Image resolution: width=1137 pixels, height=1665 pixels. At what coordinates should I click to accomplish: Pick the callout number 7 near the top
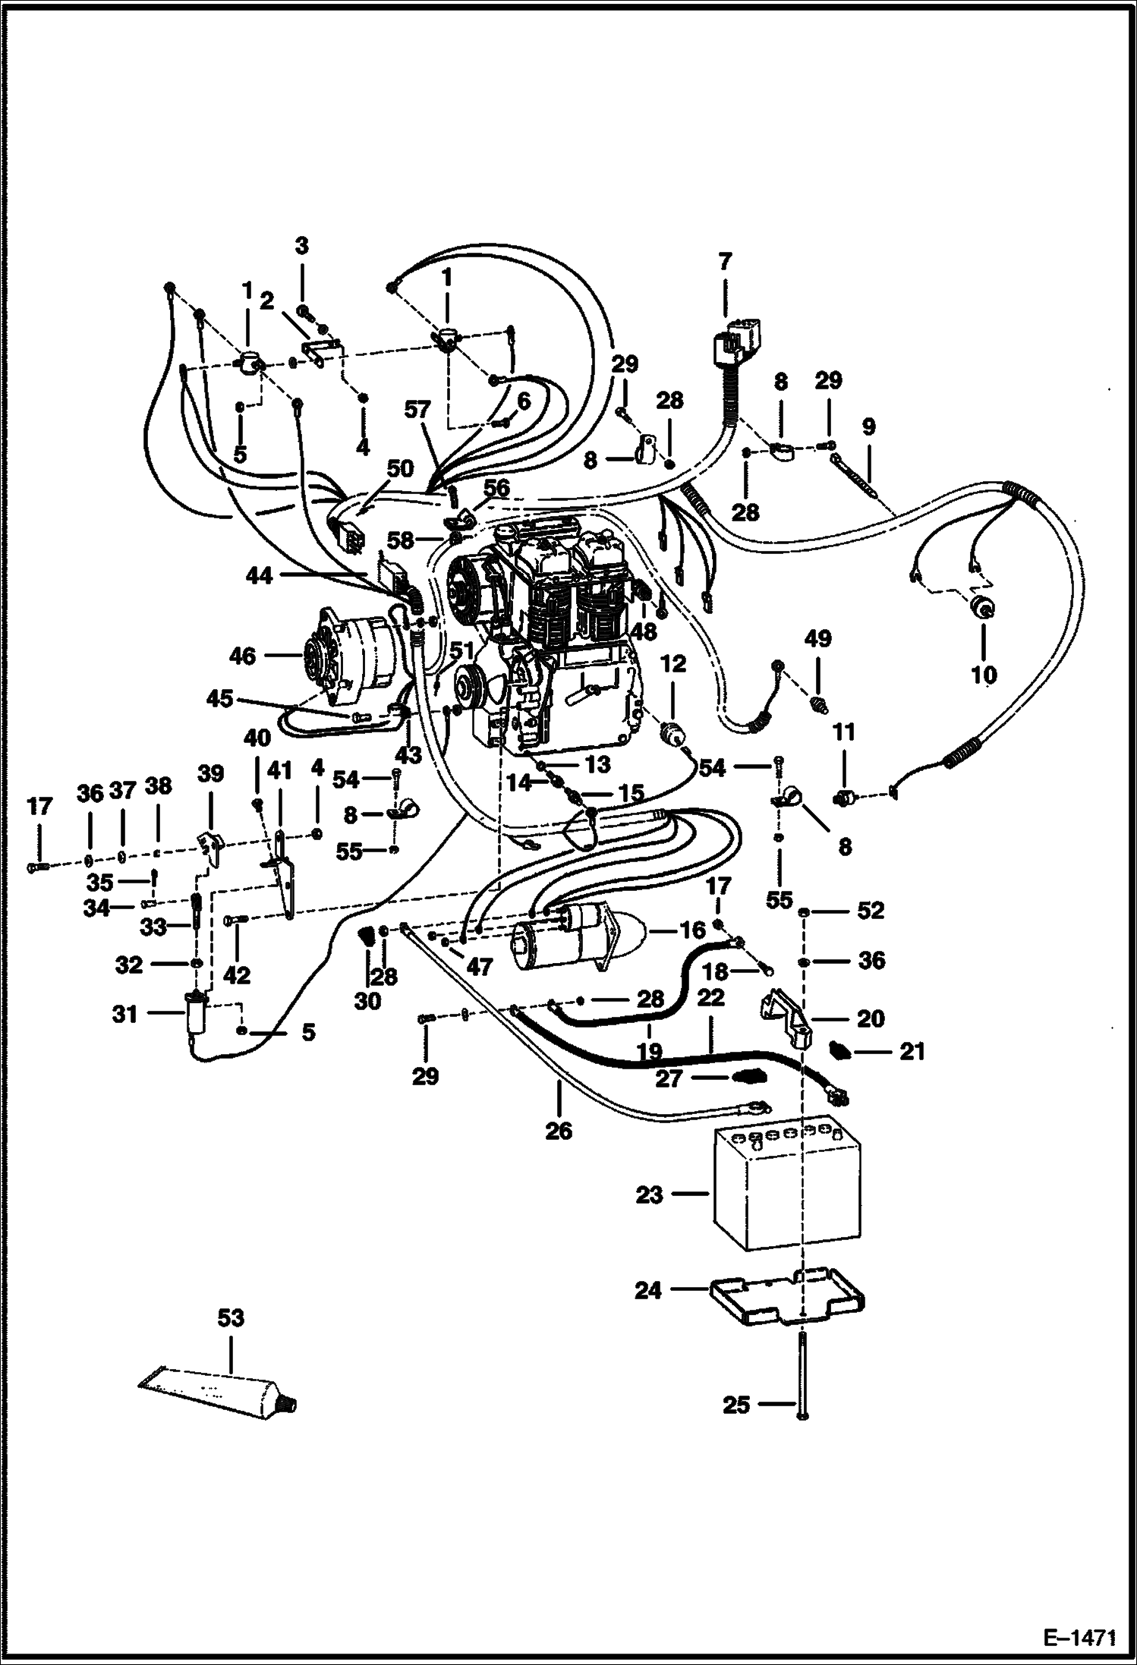pos(725,263)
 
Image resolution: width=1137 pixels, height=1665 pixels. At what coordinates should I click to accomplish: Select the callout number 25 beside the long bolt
pos(735,1405)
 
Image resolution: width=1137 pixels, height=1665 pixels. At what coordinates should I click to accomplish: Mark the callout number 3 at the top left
pos(302,246)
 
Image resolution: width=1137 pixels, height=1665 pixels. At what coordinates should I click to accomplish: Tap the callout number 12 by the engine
pos(673,664)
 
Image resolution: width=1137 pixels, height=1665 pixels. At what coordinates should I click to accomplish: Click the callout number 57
pos(417,411)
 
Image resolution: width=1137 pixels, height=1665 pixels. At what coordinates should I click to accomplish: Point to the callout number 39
pos(211,773)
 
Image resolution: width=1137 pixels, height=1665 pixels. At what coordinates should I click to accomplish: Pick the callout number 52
pos(871,910)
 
